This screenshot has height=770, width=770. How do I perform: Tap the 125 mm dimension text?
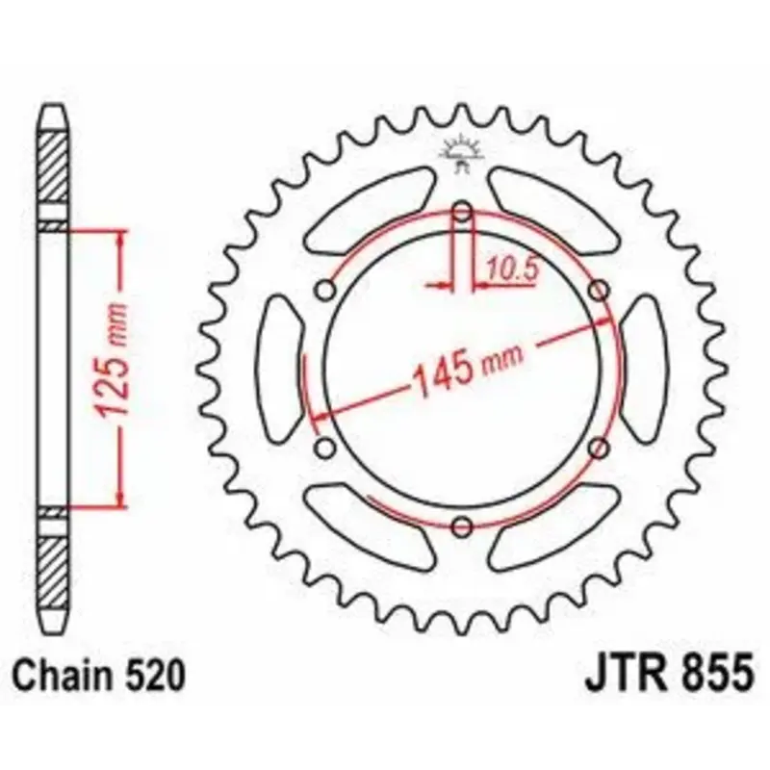pyautogui.click(x=113, y=360)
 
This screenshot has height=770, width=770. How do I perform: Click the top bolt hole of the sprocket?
pyautogui.click(x=462, y=213)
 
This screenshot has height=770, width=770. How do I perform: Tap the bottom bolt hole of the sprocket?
pyautogui.click(x=462, y=526)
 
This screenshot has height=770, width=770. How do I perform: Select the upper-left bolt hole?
pyautogui.click(x=325, y=290)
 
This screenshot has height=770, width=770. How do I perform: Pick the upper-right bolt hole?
pyautogui.click(x=599, y=290)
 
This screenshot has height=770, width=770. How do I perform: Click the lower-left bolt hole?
pyautogui.click(x=325, y=448)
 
